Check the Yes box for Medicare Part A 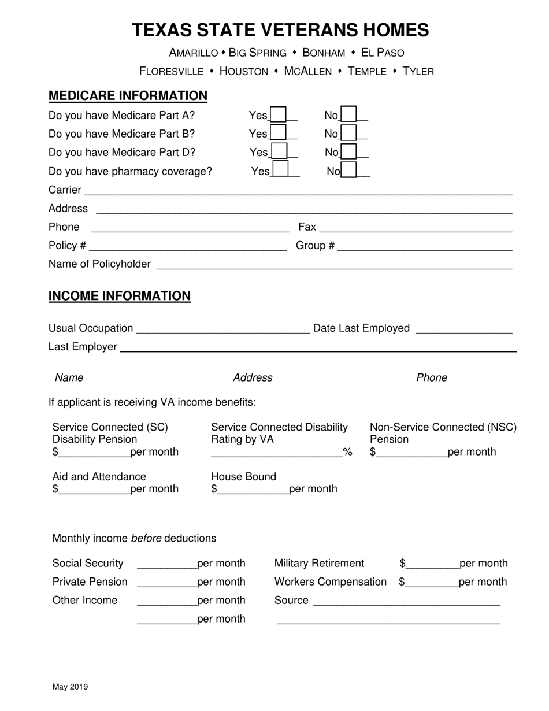tap(278, 115)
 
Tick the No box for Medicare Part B tap(348, 134)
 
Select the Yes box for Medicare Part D tap(279, 152)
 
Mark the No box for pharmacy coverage tap(348, 171)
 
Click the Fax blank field tap(416, 228)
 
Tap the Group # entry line tap(425, 247)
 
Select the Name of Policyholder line tap(334, 265)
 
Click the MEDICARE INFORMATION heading tap(128, 96)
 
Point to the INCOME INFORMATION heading tap(120, 296)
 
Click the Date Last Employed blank tap(464, 329)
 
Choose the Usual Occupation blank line tap(223, 329)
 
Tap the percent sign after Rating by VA tap(348, 452)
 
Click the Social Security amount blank tap(167, 564)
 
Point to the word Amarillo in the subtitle tap(194, 53)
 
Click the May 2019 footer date tap(70, 687)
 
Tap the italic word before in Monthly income tap(146, 538)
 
